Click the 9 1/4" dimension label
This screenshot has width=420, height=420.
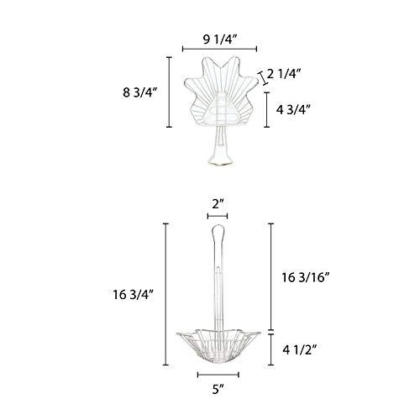(x=220, y=40)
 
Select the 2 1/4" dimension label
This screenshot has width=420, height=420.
(x=284, y=75)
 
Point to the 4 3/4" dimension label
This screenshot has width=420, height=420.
(x=294, y=110)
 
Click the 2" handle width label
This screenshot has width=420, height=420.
(x=218, y=204)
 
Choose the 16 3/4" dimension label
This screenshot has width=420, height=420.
(x=134, y=295)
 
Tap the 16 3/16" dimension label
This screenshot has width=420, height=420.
(x=305, y=277)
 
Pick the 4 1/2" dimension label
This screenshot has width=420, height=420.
(x=300, y=350)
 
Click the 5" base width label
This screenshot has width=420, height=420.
(x=218, y=389)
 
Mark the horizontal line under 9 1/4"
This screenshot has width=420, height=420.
(x=219, y=49)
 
